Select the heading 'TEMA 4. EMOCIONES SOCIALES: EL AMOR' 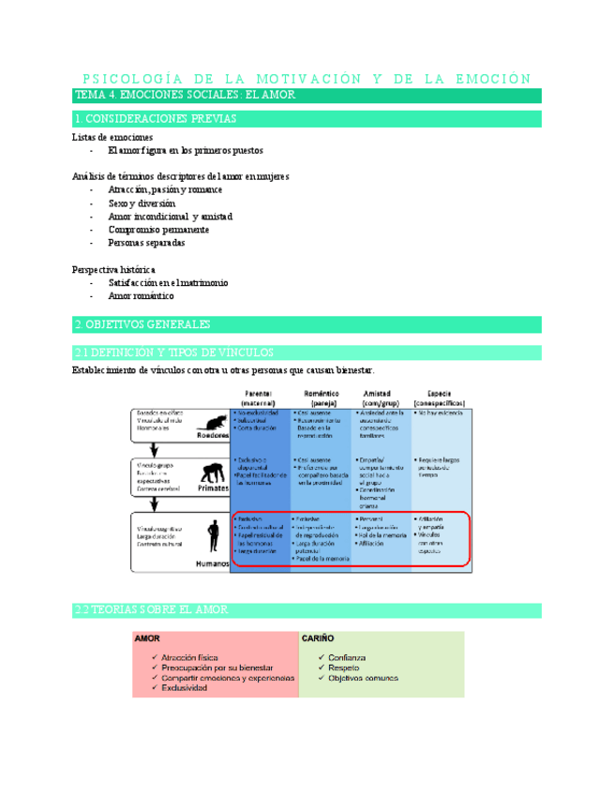pyautogui.click(x=185, y=96)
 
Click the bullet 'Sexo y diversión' pyautogui.click(x=142, y=202)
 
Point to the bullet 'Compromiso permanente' pyautogui.click(x=157, y=229)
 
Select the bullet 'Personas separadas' pyautogui.click(x=146, y=242)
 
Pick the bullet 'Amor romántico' pyautogui.click(x=141, y=295)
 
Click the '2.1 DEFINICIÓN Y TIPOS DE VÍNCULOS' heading pyautogui.click(x=173, y=352)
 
